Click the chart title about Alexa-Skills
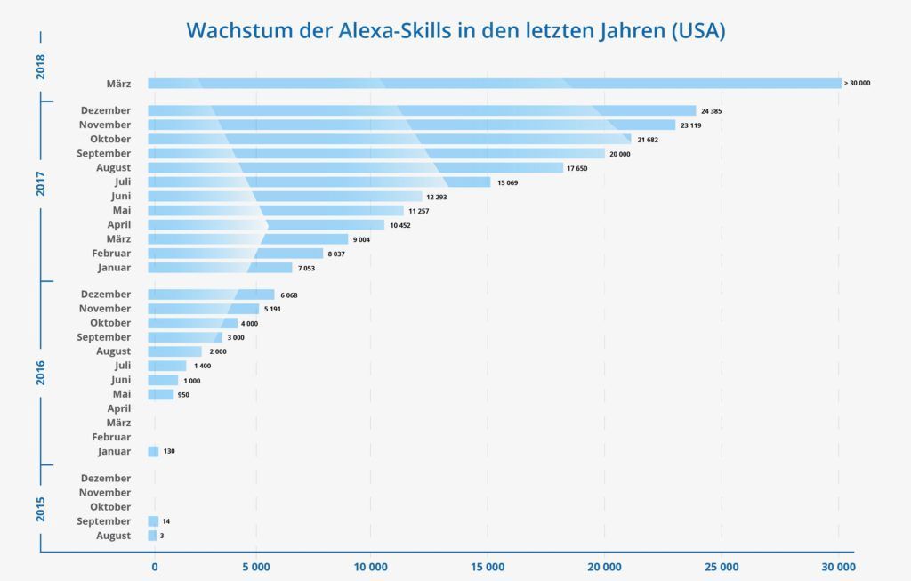coord(455,31)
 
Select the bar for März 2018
coord(494,84)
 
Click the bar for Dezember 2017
coord(422,110)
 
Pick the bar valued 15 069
coord(318,182)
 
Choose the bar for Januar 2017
coord(220,268)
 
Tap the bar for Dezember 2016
coord(211,295)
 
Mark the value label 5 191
coord(276,309)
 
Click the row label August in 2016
coord(113,351)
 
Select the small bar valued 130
coord(153,451)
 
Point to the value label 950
coord(183,394)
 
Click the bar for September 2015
coord(153,521)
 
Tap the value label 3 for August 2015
coord(163,536)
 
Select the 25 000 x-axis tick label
coord(722,566)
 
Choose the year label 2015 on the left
coord(41,508)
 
